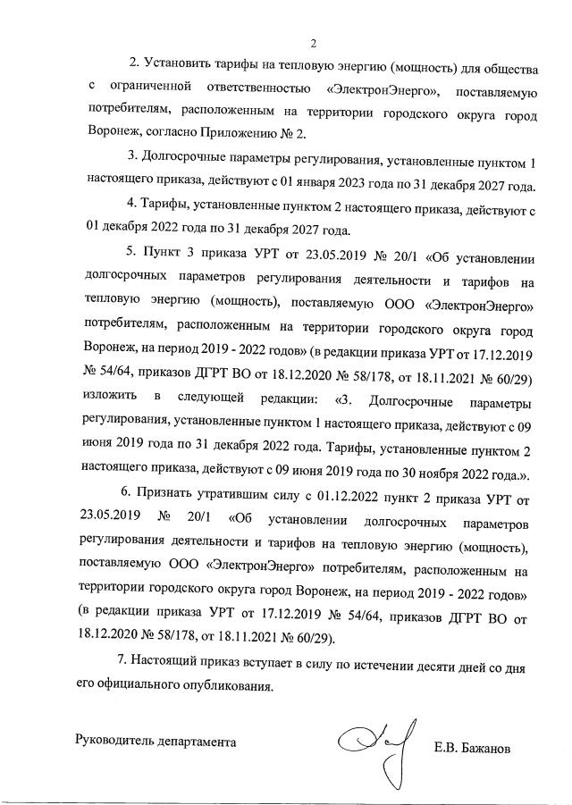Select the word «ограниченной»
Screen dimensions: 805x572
tap(151, 89)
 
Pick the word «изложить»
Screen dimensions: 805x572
tap(107, 395)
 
